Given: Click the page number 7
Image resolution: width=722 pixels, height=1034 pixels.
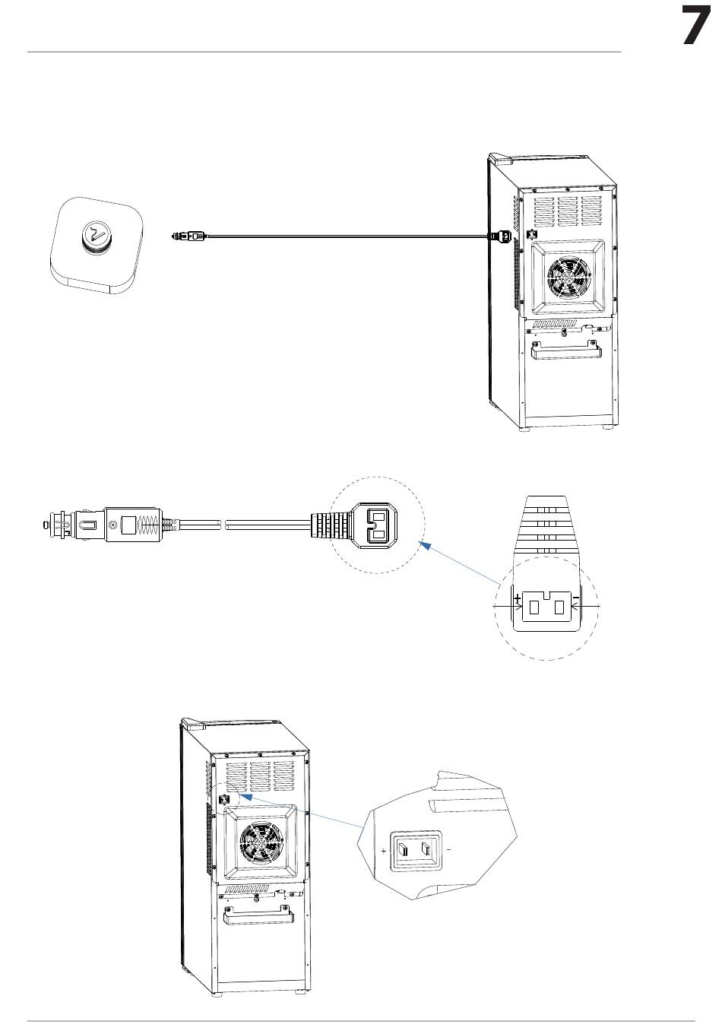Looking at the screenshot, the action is (697, 27).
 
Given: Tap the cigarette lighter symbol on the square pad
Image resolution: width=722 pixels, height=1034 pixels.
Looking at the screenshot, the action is (96, 233).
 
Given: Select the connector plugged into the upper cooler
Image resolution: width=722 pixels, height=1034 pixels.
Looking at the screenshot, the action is (502, 236).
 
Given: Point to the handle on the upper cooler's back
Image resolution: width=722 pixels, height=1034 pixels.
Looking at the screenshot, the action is (566, 350).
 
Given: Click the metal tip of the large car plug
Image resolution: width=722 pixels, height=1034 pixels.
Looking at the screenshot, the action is (45, 525).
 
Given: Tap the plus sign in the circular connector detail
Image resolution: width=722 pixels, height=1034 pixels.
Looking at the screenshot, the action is (518, 598).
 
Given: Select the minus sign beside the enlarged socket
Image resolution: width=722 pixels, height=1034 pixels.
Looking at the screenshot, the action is (448, 849).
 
